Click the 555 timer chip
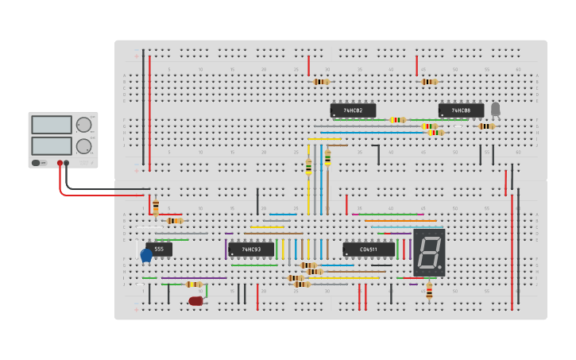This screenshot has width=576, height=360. point(159,249)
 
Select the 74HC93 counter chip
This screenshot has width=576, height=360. point(251,250)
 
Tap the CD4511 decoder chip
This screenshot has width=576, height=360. point(369,250)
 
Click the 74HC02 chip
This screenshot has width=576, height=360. point(354,110)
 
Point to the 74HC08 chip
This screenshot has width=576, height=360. point(461,110)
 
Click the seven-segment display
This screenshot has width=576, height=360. point(429,253)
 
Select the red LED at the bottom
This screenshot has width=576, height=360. point(195,301)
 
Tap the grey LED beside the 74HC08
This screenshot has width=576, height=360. point(496,109)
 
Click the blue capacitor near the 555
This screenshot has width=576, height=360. point(146,255)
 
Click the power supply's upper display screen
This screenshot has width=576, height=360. point(52,125)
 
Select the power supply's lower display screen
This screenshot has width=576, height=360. point(52,145)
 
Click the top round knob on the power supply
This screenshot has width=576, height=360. point(83,124)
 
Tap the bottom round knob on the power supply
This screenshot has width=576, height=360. point(83,145)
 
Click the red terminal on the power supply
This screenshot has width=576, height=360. point(60,163)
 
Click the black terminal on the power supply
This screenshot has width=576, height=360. point(66,163)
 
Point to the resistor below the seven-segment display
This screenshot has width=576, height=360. point(429,292)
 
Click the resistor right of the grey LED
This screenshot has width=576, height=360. point(485,126)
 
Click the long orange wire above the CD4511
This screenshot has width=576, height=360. point(400,220)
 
